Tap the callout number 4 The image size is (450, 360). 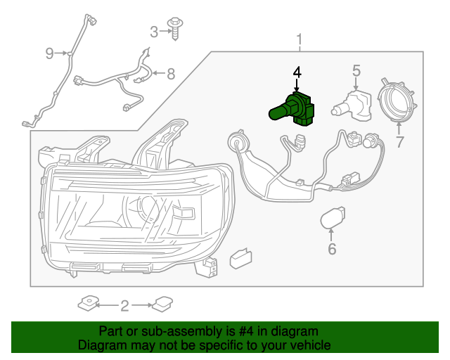pyautogui.click(x=297, y=73)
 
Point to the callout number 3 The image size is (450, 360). pyautogui.click(x=154, y=31)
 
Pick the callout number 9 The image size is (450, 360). pyautogui.click(x=49, y=53)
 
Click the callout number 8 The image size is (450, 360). pyautogui.click(x=170, y=73)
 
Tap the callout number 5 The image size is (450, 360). pyautogui.click(x=356, y=70)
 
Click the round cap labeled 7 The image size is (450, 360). pyautogui.click(x=397, y=101)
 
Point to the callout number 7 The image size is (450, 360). pyautogui.click(x=399, y=142)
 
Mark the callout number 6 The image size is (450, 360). pyautogui.click(x=332, y=248)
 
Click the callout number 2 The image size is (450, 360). pyautogui.click(x=124, y=305)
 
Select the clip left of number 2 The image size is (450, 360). pyautogui.click(x=89, y=304)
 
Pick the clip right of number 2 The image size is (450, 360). pyautogui.click(x=162, y=304)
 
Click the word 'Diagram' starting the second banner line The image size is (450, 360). pyautogui.click(x=101, y=345)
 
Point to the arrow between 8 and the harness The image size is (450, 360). pyautogui.click(x=158, y=73)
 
